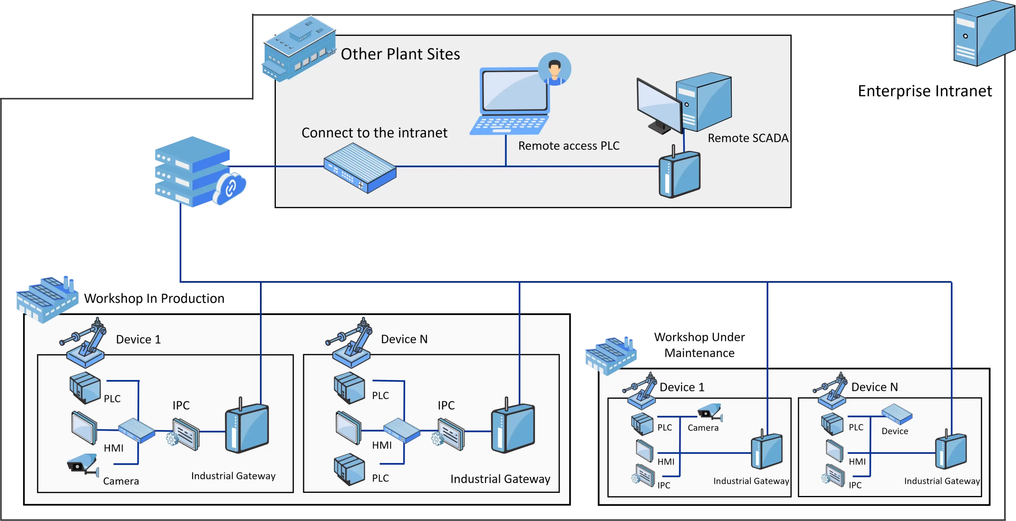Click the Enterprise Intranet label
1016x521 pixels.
[924, 91]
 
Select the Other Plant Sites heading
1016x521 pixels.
[400, 54]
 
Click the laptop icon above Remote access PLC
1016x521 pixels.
[510, 101]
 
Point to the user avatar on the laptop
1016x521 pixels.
[554, 69]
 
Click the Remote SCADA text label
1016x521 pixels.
[748, 138]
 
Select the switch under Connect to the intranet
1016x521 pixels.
[360, 168]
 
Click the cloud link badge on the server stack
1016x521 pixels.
[230, 188]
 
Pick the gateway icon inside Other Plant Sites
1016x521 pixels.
[679, 172]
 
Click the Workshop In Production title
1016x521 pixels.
[154, 298]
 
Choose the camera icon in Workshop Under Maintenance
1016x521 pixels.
[710, 412]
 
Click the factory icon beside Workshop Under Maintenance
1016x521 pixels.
[611, 355]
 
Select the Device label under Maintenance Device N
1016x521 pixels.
[895, 431]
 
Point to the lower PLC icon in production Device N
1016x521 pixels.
[349, 469]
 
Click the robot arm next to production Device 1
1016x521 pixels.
[84, 342]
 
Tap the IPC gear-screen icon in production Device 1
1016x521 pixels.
[183, 434]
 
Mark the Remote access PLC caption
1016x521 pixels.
[568, 146]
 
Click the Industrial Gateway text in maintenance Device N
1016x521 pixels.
[942, 481]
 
